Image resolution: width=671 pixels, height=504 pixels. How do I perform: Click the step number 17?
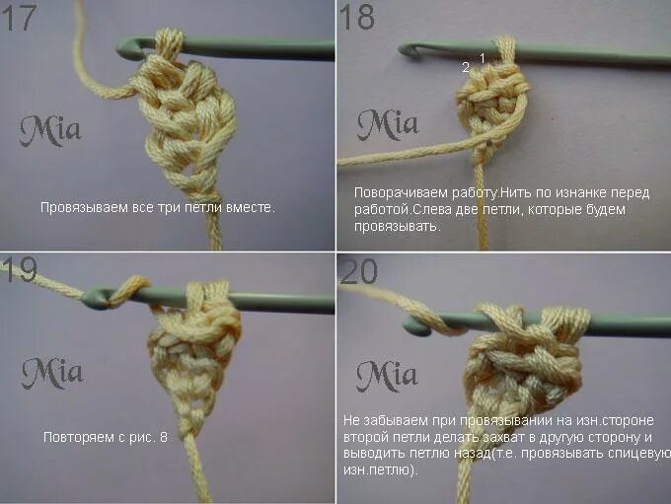[x=21, y=18]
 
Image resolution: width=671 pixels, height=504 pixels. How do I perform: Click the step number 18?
[x=357, y=18]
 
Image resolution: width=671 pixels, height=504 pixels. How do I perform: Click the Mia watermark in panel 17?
[x=51, y=129]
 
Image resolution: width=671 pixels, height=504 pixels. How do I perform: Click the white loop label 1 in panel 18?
[x=483, y=59]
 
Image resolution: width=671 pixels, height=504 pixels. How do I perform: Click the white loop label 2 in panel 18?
[x=466, y=67]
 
